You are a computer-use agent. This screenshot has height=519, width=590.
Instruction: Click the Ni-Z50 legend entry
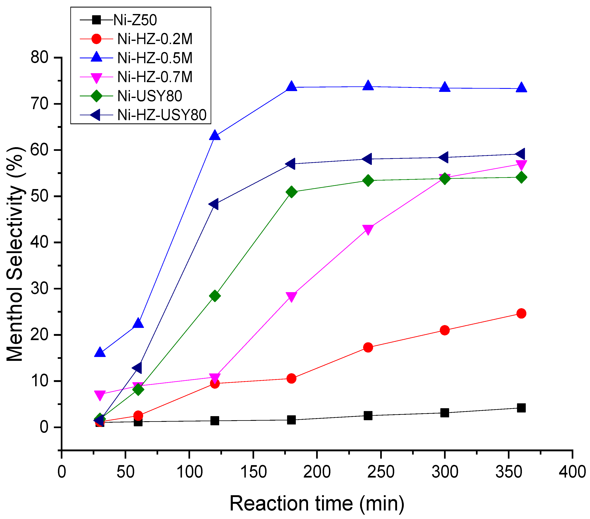(135, 20)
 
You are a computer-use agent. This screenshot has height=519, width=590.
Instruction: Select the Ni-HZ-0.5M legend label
(155, 58)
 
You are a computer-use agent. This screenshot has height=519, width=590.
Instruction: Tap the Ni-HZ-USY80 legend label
(162, 115)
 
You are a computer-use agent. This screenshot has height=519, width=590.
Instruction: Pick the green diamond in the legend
(96, 96)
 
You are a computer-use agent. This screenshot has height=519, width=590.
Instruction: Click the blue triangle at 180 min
(292, 86)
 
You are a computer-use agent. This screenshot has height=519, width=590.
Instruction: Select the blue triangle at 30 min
(100, 353)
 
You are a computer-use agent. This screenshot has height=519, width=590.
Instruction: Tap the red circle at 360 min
(521, 313)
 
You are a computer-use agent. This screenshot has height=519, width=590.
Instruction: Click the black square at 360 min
(521, 408)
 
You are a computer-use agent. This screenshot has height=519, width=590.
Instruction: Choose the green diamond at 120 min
(215, 296)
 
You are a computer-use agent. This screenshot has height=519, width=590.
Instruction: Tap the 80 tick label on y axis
(40, 58)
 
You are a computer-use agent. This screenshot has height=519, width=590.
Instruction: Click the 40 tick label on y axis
(40, 243)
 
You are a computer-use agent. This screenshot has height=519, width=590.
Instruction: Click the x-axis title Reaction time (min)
(317, 504)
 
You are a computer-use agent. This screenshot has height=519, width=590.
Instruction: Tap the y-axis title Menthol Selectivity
(15, 254)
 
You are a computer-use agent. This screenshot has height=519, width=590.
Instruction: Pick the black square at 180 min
(292, 420)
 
